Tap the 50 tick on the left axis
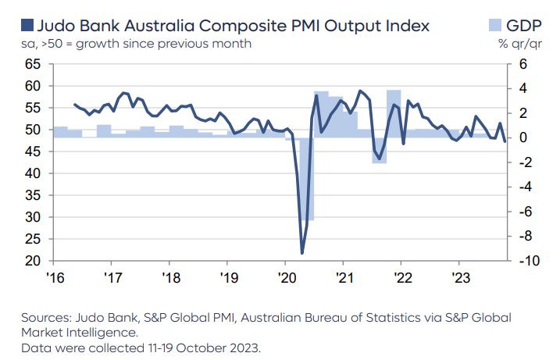32,129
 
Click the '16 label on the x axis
55,277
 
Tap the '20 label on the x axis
285,277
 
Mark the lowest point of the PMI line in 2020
302,252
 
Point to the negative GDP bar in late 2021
380,150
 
